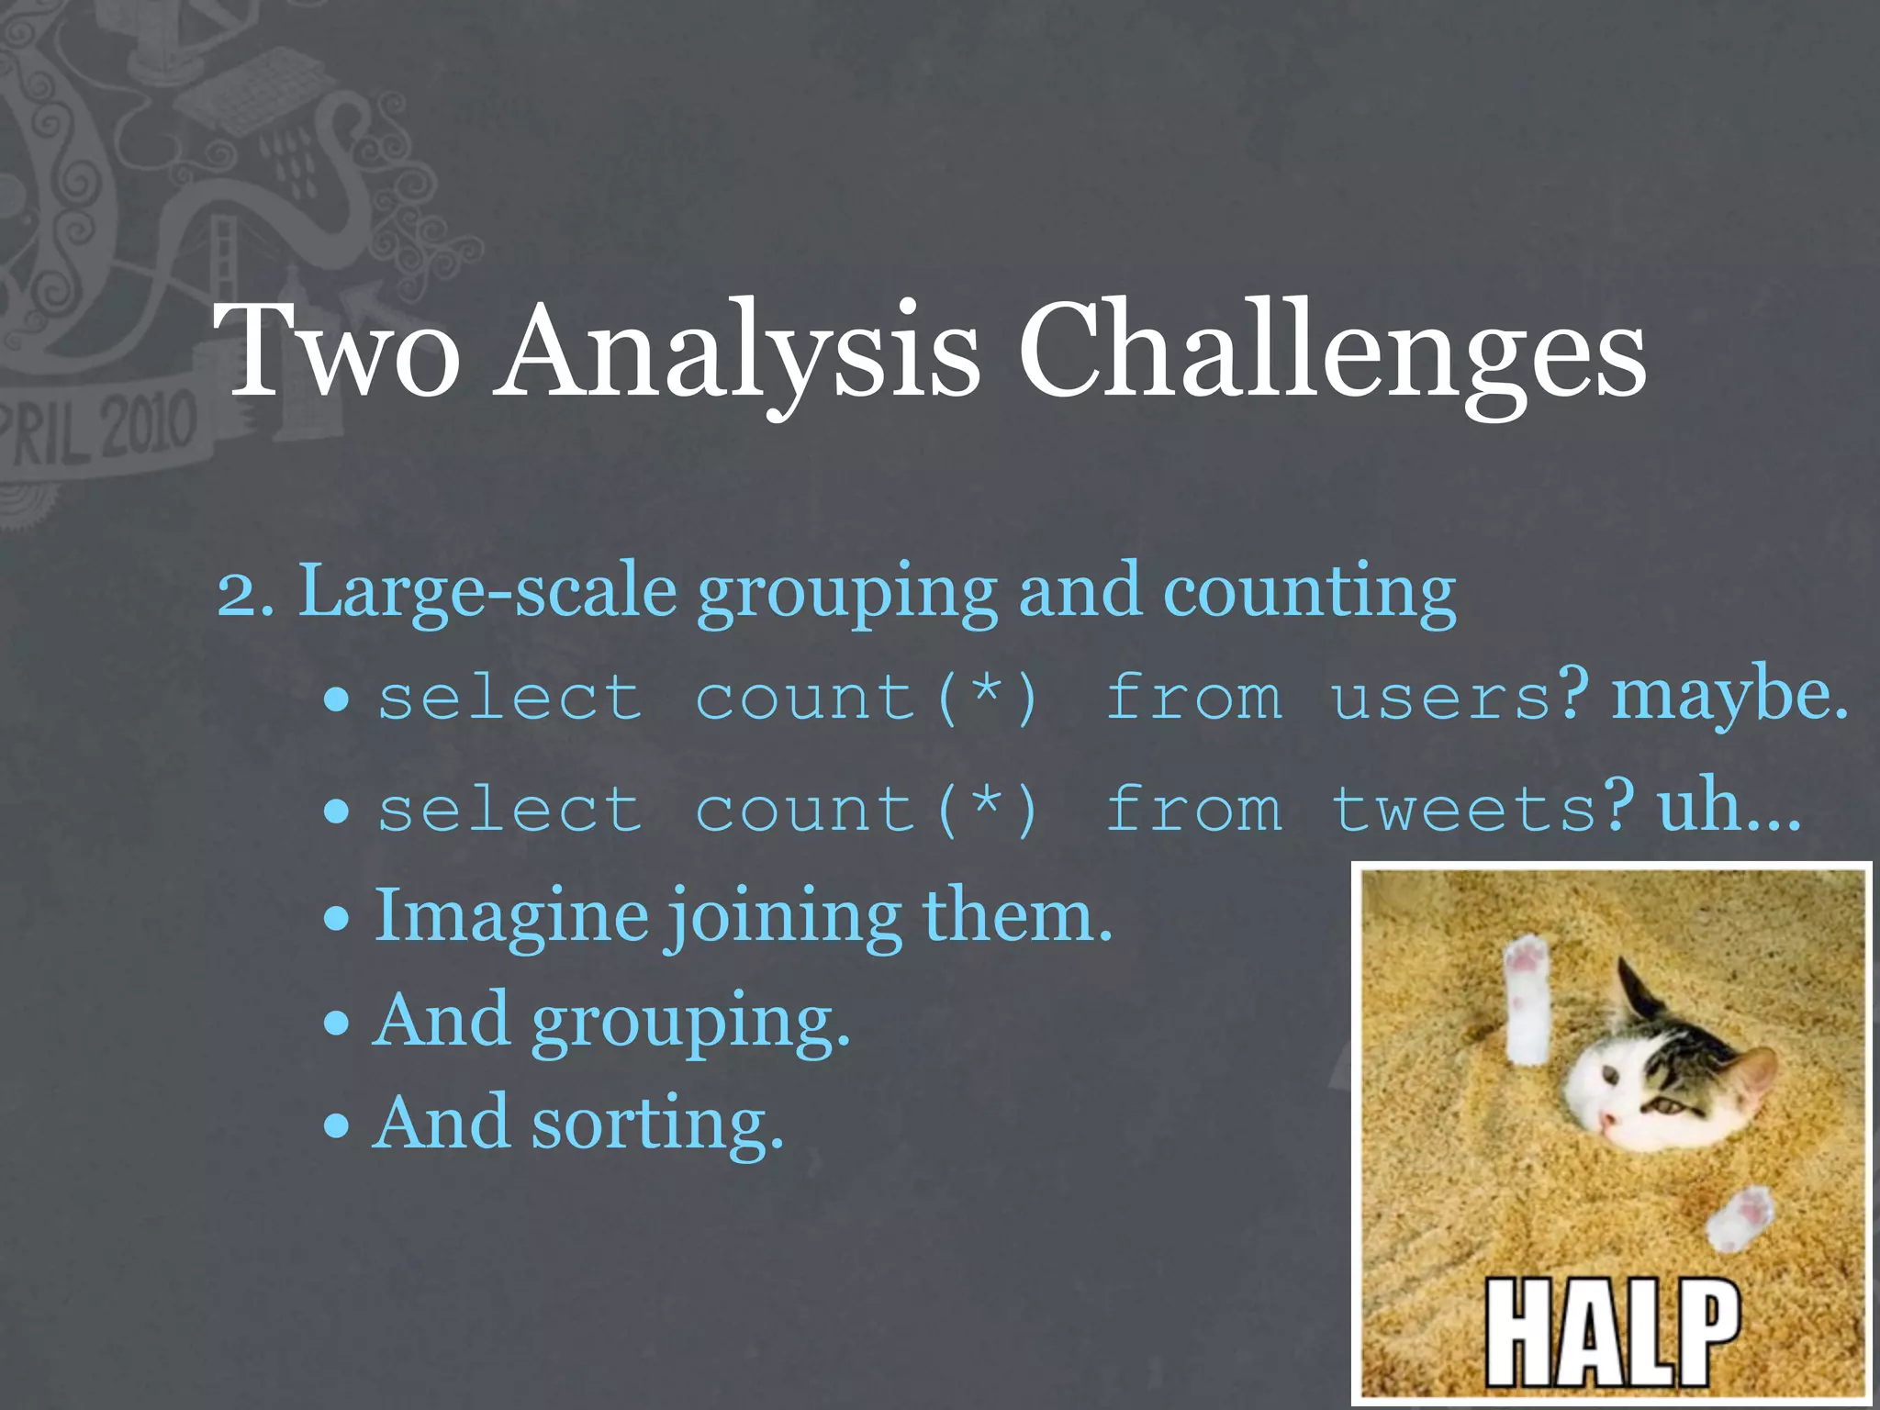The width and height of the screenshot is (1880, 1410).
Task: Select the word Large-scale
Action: (487, 591)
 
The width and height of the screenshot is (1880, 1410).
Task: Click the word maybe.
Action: (1729, 694)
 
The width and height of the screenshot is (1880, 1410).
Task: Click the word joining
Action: (785, 918)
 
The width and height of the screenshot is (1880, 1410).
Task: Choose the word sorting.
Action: (657, 1124)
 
